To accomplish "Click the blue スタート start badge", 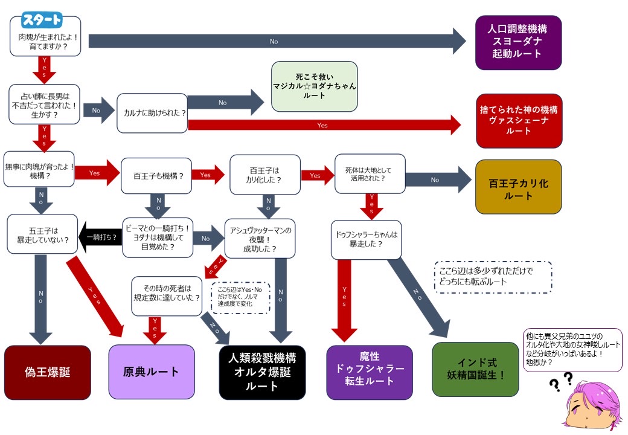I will tap(42, 20).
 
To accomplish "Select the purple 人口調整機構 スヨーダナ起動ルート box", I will tap(519, 42).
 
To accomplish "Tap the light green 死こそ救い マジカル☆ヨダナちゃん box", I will tap(314, 86).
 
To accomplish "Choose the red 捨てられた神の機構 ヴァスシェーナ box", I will tap(519, 121).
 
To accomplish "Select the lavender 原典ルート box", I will tap(152, 372).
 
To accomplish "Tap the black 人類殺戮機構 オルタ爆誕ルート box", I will tap(262, 372).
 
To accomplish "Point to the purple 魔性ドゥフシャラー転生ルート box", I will tap(370, 372).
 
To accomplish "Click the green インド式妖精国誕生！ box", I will tap(475, 369).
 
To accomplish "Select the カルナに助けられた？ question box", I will tap(152, 113).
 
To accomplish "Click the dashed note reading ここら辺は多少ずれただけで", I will tap(493, 277).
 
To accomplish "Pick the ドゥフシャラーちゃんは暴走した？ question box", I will tap(366, 239).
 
